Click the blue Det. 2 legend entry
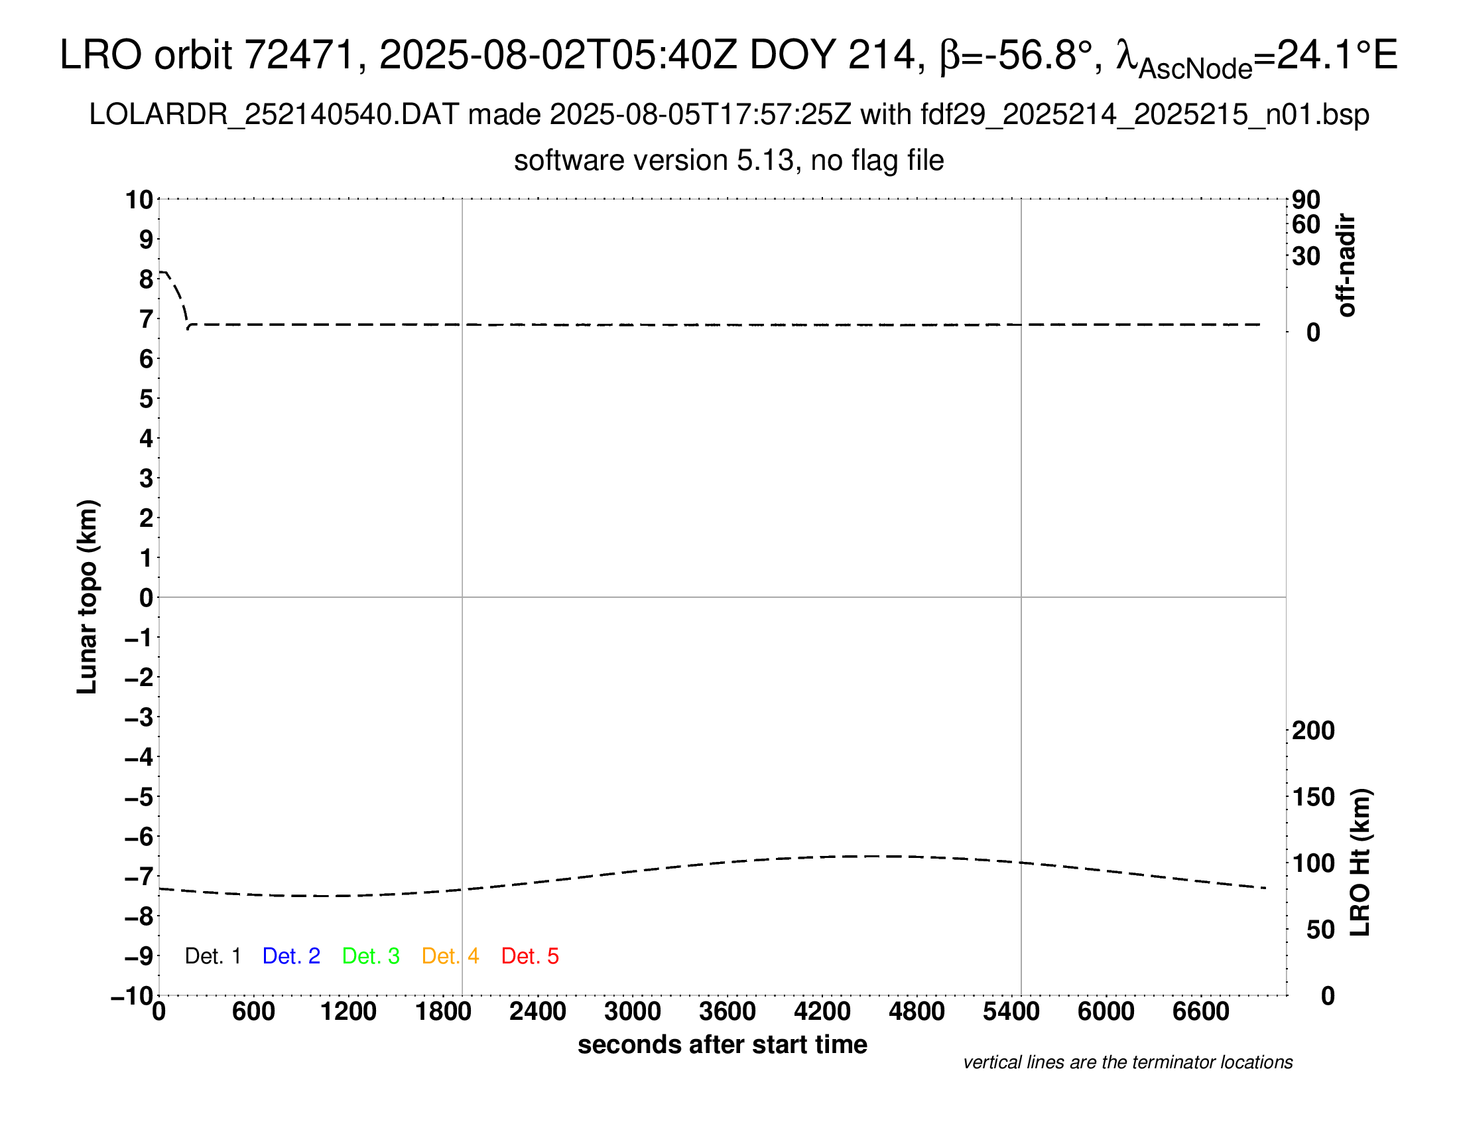click(291, 956)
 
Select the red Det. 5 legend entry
click(530, 956)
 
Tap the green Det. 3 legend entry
click(371, 956)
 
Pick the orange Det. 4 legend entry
click(450, 956)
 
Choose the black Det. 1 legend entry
click(212, 956)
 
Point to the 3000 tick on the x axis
click(632, 1012)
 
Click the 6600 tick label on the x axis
click(1200, 1012)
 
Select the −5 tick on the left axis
click(139, 797)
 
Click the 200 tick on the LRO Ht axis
click(1312, 731)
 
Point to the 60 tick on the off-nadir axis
click(1306, 224)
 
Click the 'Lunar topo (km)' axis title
click(87, 597)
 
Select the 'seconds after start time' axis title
click(722, 1044)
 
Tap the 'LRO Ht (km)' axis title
click(1360, 863)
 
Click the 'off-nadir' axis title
click(1347, 265)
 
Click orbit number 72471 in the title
click(299, 55)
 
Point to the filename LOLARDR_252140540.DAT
click(273, 115)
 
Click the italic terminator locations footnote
click(1127, 1062)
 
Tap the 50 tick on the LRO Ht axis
click(1320, 930)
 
